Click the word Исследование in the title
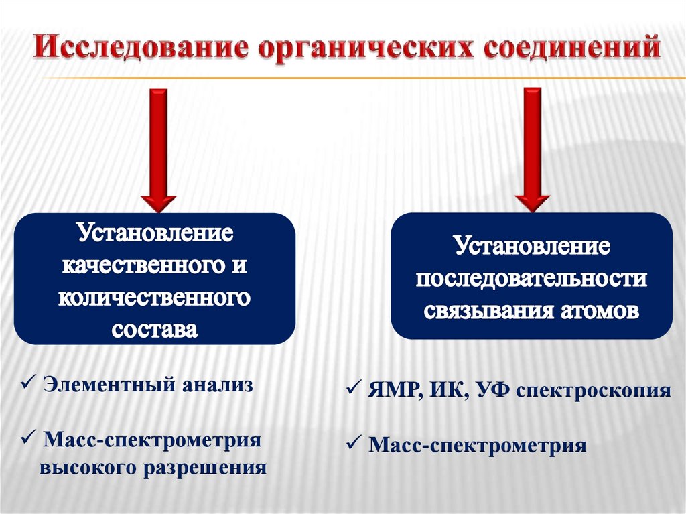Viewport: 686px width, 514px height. (x=138, y=50)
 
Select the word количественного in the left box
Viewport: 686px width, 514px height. (x=155, y=298)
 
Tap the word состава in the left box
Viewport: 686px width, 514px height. (x=155, y=330)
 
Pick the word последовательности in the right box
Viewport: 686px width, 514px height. (x=531, y=279)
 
